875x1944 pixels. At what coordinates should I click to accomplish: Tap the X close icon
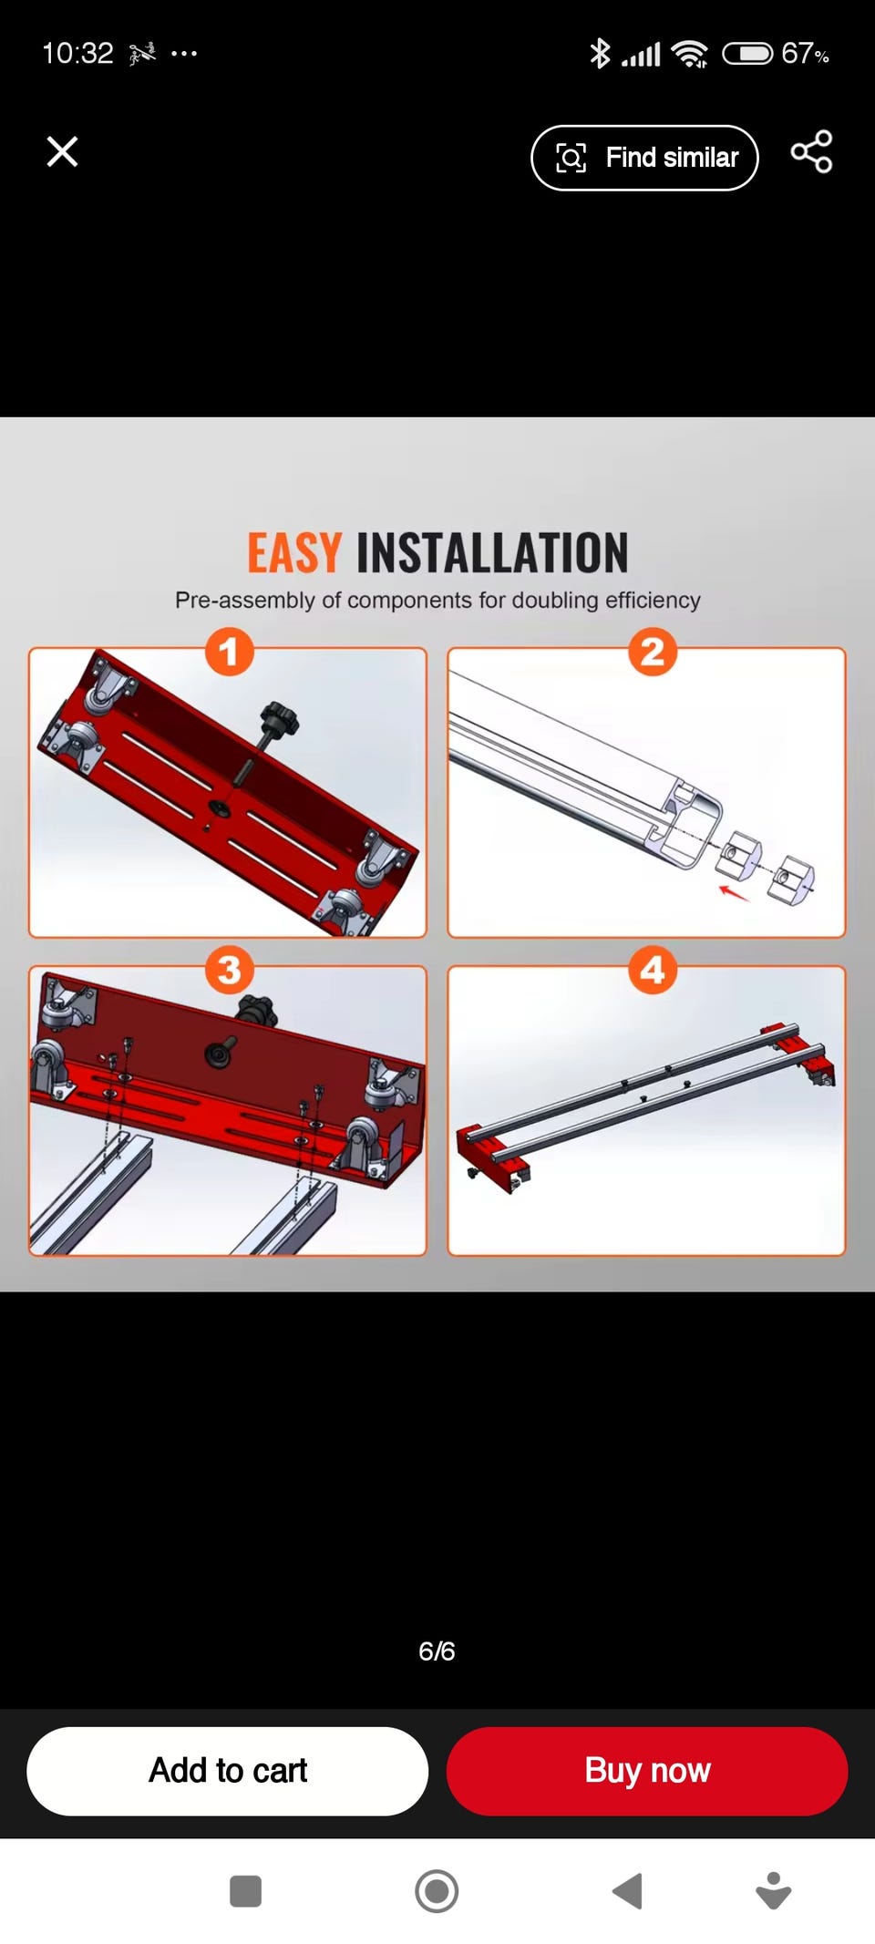62,151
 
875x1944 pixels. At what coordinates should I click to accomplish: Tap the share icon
811,151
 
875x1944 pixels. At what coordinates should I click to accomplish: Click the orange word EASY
294,552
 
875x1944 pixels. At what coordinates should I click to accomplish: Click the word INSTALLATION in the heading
492,552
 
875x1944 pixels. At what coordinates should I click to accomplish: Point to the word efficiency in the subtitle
653,600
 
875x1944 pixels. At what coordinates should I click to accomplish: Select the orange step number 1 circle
229,652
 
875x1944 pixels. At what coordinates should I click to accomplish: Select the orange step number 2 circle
652,652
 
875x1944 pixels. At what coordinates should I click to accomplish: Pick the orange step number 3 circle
229,970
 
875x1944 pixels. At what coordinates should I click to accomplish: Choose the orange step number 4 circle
652,970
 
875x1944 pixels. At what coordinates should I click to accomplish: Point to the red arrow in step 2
734,892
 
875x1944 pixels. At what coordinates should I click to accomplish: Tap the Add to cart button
228,1771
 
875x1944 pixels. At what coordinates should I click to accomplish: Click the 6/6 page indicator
437,1651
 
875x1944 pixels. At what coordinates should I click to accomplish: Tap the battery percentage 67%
805,54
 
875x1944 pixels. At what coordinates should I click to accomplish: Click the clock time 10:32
77,53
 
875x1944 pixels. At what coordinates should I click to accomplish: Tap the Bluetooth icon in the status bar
600,54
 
